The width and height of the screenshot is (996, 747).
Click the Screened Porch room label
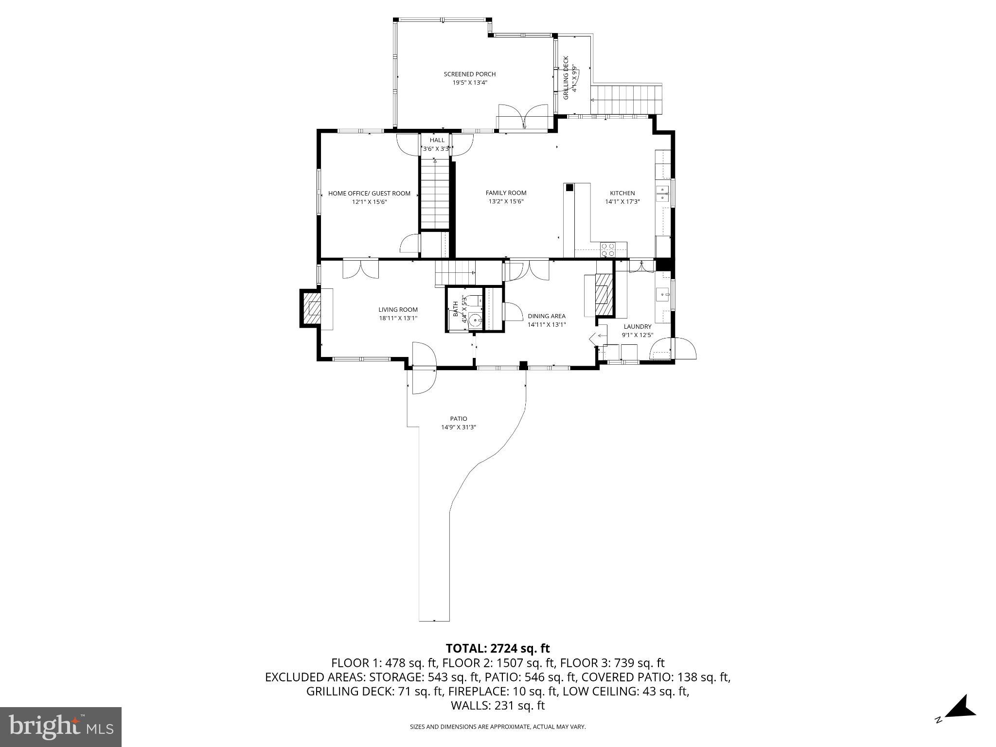point(469,74)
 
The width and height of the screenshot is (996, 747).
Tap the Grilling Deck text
point(566,78)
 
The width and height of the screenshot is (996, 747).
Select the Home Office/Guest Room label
point(369,194)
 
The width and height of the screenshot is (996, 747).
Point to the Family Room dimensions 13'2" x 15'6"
point(506,202)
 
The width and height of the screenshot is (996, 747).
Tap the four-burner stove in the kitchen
point(608,250)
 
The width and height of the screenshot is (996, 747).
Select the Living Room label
point(398,310)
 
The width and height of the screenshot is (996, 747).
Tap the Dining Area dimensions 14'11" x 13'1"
point(547,325)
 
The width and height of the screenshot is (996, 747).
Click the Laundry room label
point(637,327)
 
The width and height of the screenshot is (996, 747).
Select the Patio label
point(458,419)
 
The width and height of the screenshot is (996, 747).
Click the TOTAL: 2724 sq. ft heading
point(498,648)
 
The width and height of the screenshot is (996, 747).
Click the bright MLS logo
point(61,727)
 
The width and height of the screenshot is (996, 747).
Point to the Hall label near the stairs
point(437,141)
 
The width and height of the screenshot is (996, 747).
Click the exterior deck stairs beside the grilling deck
point(626,100)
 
